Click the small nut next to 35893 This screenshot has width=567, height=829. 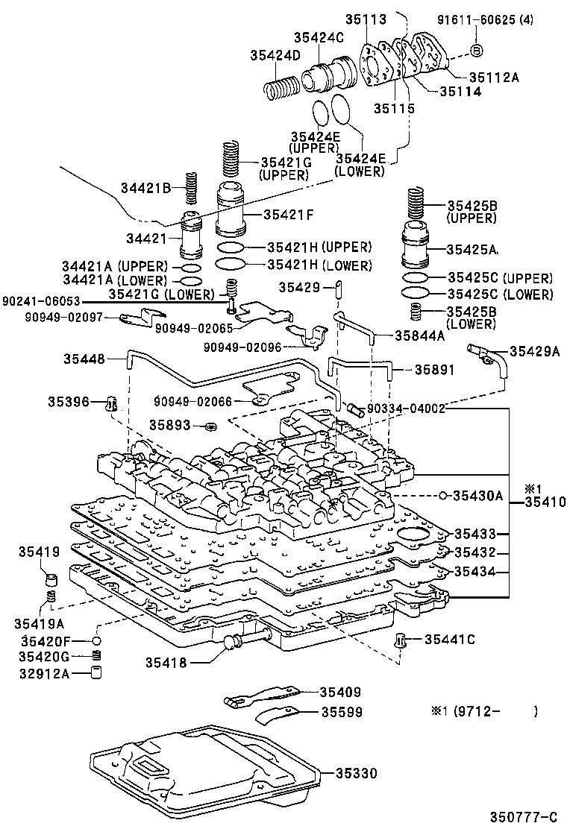211,426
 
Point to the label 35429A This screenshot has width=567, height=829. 535,351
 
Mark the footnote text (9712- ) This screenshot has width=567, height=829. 498,712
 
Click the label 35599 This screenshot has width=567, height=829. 342,713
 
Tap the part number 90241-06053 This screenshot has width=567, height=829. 41,301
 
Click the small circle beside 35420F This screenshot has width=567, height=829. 96,641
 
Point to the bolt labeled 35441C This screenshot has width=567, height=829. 401,640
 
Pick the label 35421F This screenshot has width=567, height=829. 288,215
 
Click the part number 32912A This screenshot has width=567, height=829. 44,674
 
